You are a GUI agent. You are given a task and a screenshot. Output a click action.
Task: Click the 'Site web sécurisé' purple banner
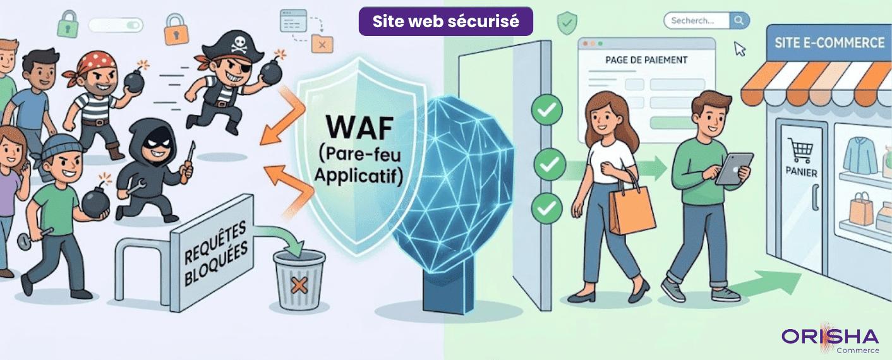tap(445, 21)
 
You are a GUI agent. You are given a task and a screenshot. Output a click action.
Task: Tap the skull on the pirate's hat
tap(239, 44)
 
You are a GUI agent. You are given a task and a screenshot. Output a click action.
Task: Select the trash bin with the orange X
tap(299, 279)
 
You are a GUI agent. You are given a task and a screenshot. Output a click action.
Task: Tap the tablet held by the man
tap(733, 168)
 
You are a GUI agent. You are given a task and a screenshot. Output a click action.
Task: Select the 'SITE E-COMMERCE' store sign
tap(829, 43)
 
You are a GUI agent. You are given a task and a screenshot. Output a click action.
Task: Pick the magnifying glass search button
tap(738, 21)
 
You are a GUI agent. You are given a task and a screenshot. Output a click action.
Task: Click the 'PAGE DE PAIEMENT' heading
tap(646, 60)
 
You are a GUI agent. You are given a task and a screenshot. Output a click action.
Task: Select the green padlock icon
tap(67, 26)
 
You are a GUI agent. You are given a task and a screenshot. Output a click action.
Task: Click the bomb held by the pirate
tap(272, 71)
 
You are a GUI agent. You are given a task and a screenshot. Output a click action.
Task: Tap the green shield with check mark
tap(567, 23)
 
